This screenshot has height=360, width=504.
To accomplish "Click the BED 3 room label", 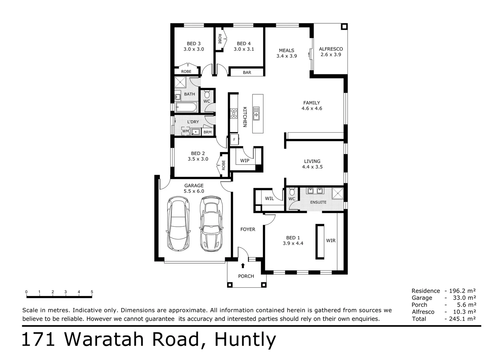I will (194, 44).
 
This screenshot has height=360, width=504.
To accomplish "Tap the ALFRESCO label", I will (330, 49).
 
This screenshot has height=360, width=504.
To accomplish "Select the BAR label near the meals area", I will (247, 73).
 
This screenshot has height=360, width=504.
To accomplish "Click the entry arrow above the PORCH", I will (243, 266).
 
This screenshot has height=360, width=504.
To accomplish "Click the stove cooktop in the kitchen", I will (234, 114).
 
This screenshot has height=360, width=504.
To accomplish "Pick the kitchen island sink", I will (256, 113).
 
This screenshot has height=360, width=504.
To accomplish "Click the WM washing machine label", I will (186, 131).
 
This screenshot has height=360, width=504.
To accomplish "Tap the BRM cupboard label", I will (207, 132).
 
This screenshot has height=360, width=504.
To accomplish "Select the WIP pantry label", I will (245, 161).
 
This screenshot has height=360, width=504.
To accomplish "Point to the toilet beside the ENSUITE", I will (292, 192).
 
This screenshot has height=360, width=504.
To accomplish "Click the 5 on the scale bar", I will (92, 292).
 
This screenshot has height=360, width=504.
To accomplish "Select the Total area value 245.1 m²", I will (460, 319).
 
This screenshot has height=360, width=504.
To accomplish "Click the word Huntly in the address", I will (245, 340).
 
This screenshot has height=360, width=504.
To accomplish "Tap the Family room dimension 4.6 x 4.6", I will (312, 108).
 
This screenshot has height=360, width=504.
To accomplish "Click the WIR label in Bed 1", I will (330, 240).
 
